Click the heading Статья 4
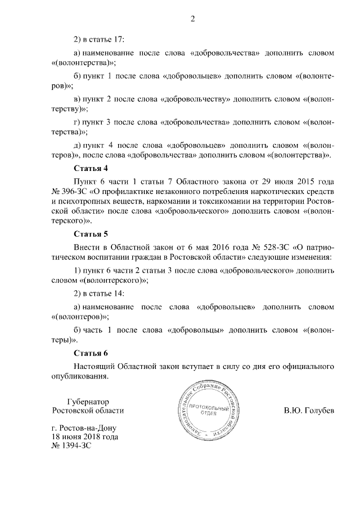[91, 168]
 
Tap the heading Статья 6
[91, 353]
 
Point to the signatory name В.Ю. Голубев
[309, 411]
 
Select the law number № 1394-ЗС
[70, 445]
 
